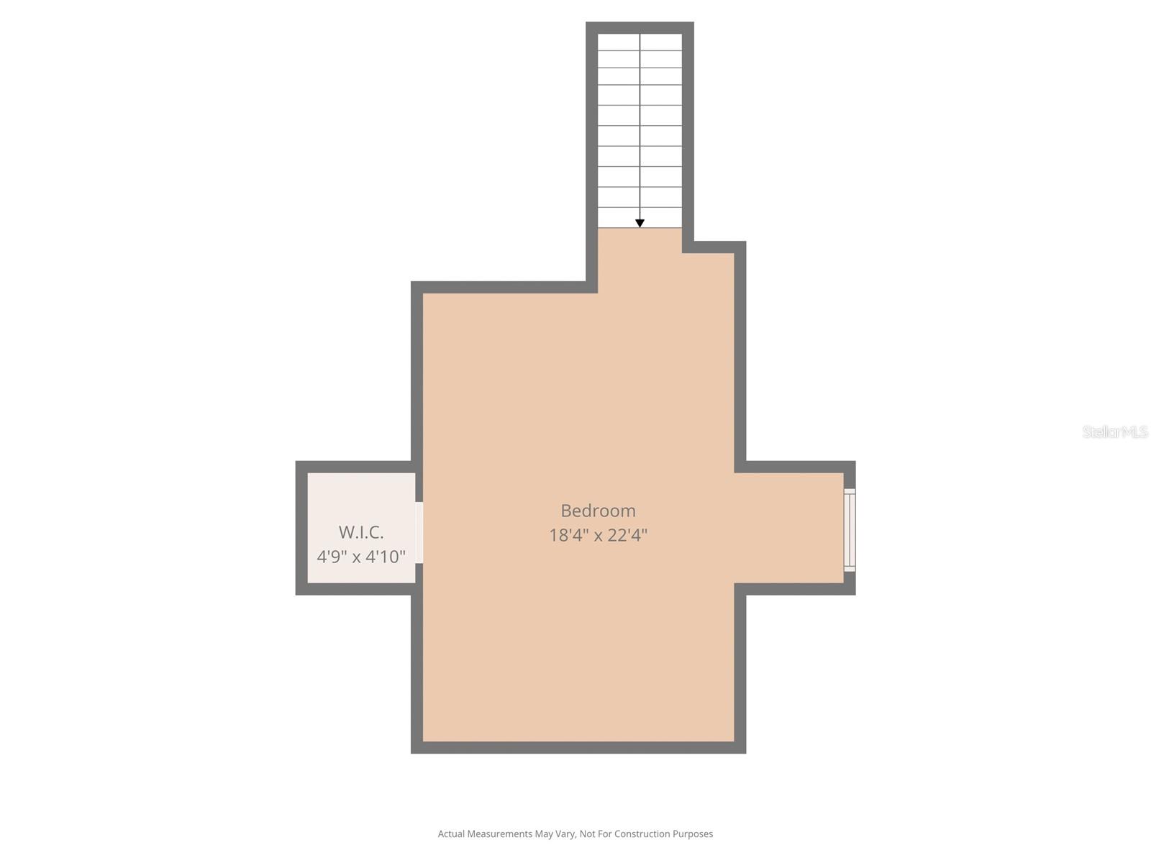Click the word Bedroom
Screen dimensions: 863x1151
tap(598, 511)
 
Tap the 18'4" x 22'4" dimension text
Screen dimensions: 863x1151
tap(598, 535)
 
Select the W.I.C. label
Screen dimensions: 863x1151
tap(361, 532)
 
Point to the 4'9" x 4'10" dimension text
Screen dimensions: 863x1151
tap(361, 557)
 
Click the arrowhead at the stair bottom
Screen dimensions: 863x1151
tap(640, 224)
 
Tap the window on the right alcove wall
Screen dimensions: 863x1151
tap(850, 530)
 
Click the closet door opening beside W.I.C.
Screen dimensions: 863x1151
tap(419, 532)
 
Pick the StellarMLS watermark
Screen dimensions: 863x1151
tap(1114, 431)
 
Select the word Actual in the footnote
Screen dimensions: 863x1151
tap(451, 834)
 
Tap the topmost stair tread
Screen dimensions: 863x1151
tap(640, 41)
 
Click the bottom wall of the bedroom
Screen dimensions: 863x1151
tap(578, 747)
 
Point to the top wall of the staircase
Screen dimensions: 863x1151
tap(640, 27)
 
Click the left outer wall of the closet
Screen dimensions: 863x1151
tap(301, 528)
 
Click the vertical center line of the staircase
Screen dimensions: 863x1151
tap(640, 129)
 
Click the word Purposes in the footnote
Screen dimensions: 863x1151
tap(693, 834)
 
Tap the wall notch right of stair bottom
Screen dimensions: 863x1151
tap(712, 247)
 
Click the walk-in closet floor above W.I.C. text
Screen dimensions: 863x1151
tap(361, 496)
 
